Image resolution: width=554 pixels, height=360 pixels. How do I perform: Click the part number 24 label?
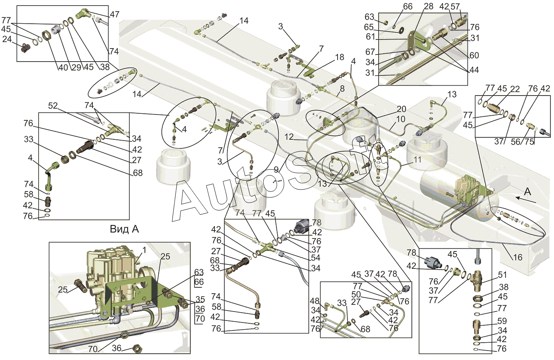[7, 39]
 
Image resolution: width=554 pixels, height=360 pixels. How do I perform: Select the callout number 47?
[115, 14]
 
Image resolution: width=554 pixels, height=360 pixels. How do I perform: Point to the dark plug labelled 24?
[26, 48]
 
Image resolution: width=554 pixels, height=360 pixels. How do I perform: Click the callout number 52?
[53, 106]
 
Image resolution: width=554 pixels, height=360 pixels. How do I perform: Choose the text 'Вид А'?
[124, 229]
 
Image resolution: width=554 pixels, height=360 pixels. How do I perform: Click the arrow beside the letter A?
[525, 200]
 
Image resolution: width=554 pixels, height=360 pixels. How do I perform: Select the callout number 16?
[517, 257]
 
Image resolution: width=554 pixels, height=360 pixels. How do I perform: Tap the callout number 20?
[401, 109]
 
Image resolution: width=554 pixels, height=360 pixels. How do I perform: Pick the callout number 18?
[340, 57]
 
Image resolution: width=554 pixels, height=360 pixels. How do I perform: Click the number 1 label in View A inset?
[145, 250]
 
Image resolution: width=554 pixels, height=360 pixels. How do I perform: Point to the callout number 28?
[428, 6]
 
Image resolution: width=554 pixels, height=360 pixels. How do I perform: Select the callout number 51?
[502, 274]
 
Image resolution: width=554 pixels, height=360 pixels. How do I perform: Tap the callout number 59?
[502, 321]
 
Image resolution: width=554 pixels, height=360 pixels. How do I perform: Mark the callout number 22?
[515, 89]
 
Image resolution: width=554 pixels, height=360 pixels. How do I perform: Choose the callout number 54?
[315, 258]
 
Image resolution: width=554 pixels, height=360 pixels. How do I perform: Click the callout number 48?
[315, 302]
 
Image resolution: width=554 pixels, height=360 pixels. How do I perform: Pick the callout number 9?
[276, 170]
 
